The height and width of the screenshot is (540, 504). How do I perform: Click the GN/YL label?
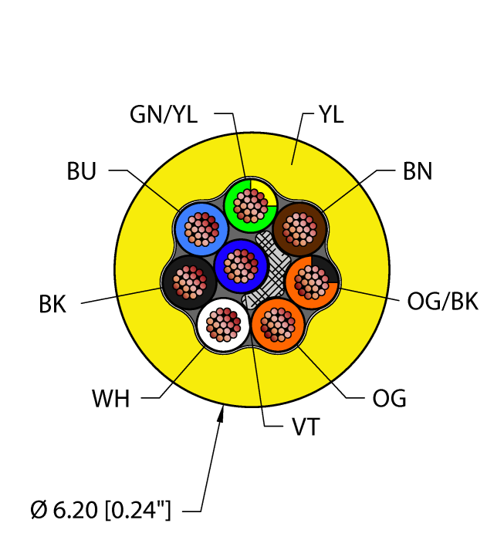(x=164, y=115)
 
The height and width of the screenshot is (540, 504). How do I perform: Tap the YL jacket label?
(x=330, y=115)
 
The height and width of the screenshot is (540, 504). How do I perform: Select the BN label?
(x=417, y=171)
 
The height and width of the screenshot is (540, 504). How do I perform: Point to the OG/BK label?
(x=442, y=301)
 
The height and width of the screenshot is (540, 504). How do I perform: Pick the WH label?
(x=110, y=400)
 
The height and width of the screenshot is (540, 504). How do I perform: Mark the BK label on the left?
(x=52, y=304)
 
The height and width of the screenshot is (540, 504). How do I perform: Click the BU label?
(x=81, y=171)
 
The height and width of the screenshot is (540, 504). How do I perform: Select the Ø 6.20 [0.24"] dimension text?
(x=101, y=509)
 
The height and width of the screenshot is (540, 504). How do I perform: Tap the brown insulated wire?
(x=299, y=228)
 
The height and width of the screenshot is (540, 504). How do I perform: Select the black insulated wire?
(x=188, y=282)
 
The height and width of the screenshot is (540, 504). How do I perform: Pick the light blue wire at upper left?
(x=201, y=228)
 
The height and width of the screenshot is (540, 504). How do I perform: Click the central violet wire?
(x=241, y=265)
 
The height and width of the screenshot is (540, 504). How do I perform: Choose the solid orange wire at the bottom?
(x=278, y=325)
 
